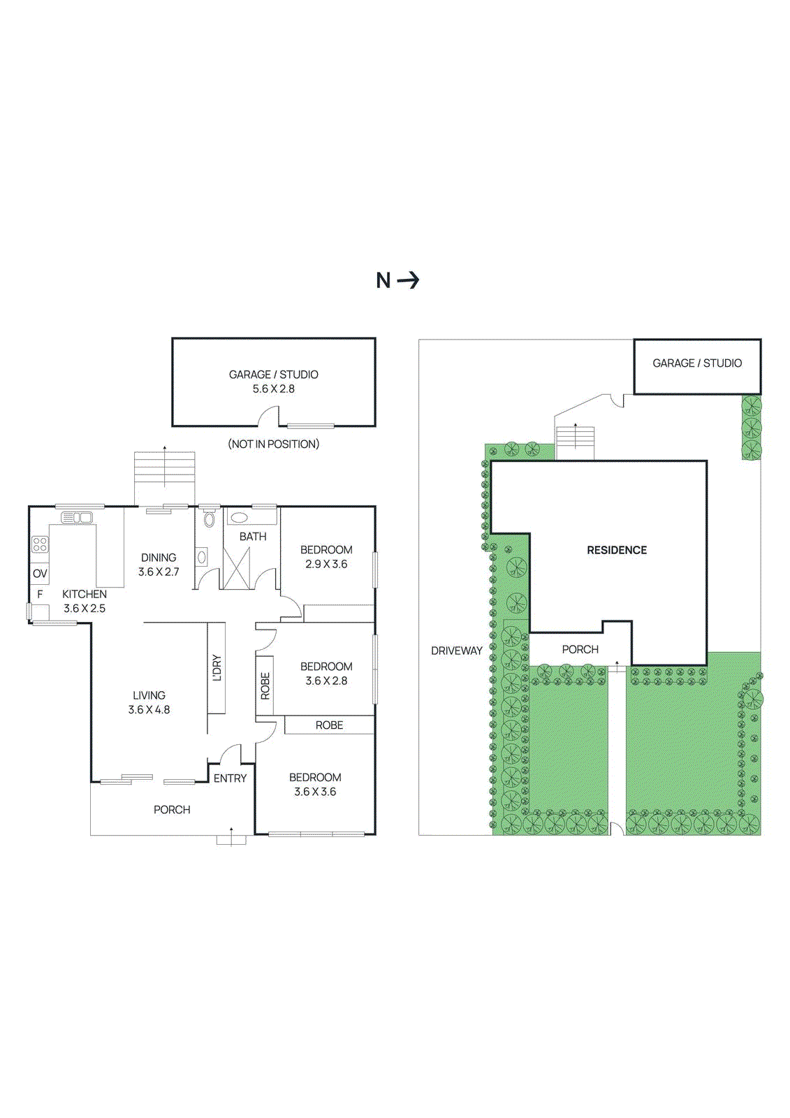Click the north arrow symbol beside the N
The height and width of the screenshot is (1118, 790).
point(408,280)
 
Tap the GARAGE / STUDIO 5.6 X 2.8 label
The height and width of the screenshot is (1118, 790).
point(274,382)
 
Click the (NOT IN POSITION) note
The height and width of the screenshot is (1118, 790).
point(274,444)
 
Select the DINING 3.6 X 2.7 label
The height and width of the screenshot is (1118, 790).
point(159,565)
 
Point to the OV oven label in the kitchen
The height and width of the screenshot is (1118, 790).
point(40,574)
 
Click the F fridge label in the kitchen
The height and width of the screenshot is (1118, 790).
point(40,594)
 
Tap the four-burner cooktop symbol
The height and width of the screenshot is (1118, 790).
point(40,544)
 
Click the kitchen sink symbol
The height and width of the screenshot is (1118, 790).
point(77,518)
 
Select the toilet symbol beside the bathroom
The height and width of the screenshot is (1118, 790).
point(209,520)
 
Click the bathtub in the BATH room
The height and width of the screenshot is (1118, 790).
point(240,518)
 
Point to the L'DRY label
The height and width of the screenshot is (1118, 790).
point(217,668)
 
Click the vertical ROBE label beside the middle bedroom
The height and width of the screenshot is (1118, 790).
point(265,685)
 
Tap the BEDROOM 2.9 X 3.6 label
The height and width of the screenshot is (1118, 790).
point(326,557)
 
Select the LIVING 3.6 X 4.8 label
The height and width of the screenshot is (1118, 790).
point(149,702)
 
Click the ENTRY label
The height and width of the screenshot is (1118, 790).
point(230,778)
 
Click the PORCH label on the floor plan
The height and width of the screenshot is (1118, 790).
point(172,810)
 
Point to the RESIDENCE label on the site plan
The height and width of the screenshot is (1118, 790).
point(617,551)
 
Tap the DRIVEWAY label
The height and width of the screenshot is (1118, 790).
point(456,651)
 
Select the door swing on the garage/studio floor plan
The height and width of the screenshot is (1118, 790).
point(269,417)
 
